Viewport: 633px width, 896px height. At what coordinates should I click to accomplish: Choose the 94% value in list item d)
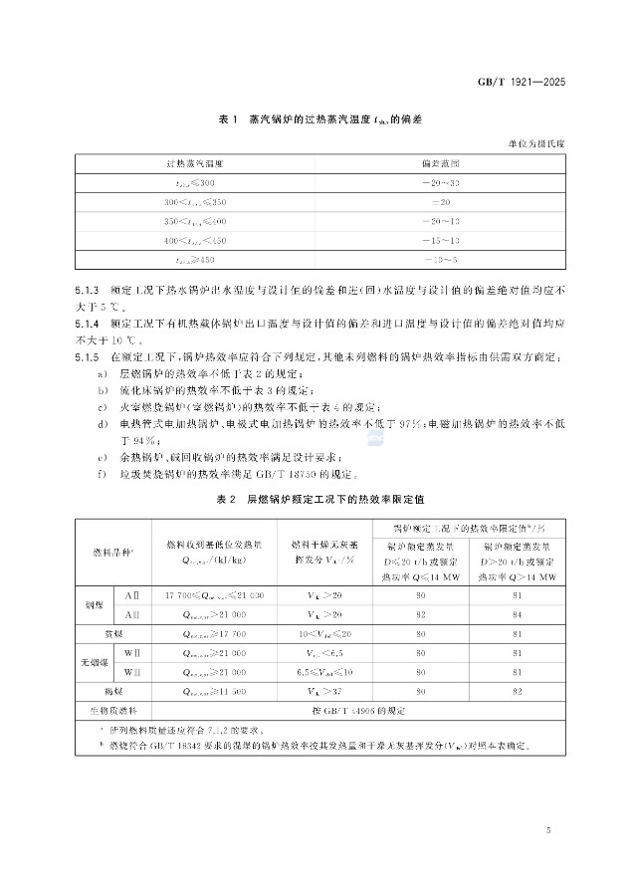click(120, 439)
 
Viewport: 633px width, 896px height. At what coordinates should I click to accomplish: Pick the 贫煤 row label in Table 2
click(111, 630)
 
